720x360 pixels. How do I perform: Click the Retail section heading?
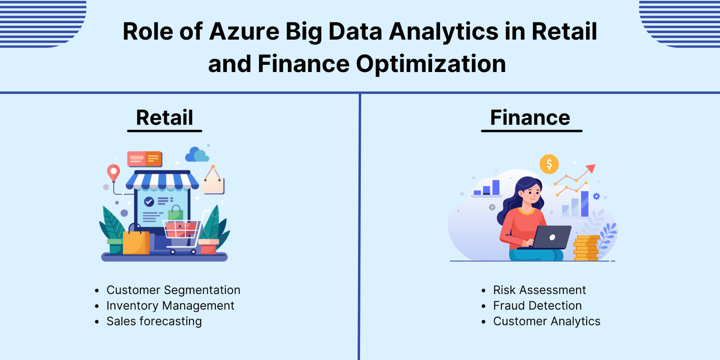(x=165, y=117)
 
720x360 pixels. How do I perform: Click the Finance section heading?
(x=530, y=117)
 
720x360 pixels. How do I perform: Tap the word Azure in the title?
(x=244, y=31)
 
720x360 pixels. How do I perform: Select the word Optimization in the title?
(x=431, y=64)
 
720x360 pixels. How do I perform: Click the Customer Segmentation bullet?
(x=173, y=290)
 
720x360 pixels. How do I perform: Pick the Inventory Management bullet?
(x=171, y=306)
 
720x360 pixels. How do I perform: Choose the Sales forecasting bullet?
(x=154, y=321)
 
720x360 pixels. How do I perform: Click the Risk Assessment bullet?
(x=540, y=290)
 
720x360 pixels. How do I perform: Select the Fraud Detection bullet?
(x=537, y=306)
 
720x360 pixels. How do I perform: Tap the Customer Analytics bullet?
(x=547, y=321)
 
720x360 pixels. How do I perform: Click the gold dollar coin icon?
(x=549, y=164)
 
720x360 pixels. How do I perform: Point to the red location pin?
(x=113, y=173)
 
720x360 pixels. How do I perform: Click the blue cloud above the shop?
(x=197, y=155)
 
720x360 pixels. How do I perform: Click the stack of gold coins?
(x=587, y=248)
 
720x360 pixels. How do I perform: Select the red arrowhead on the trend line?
(x=591, y=168)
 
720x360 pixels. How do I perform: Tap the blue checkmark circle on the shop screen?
(x=149, y=202)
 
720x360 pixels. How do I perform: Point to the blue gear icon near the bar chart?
(x=596, y=196)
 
